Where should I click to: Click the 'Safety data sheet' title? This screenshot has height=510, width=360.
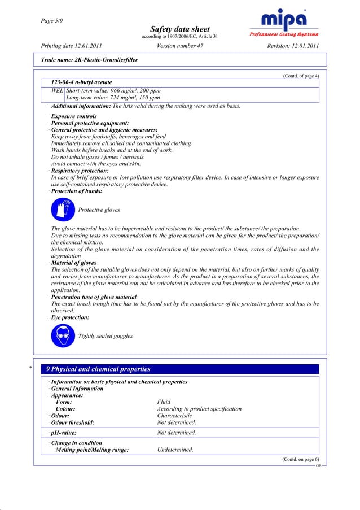[180, 29]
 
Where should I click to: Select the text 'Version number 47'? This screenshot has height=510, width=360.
[180, 45]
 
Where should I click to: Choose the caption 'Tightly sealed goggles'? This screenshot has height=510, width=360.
[106, 336]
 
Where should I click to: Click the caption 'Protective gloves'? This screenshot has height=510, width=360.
[99, 210]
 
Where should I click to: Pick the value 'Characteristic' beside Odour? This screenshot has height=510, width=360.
[174, 415]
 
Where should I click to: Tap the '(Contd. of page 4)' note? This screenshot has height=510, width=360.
[300, 76]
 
